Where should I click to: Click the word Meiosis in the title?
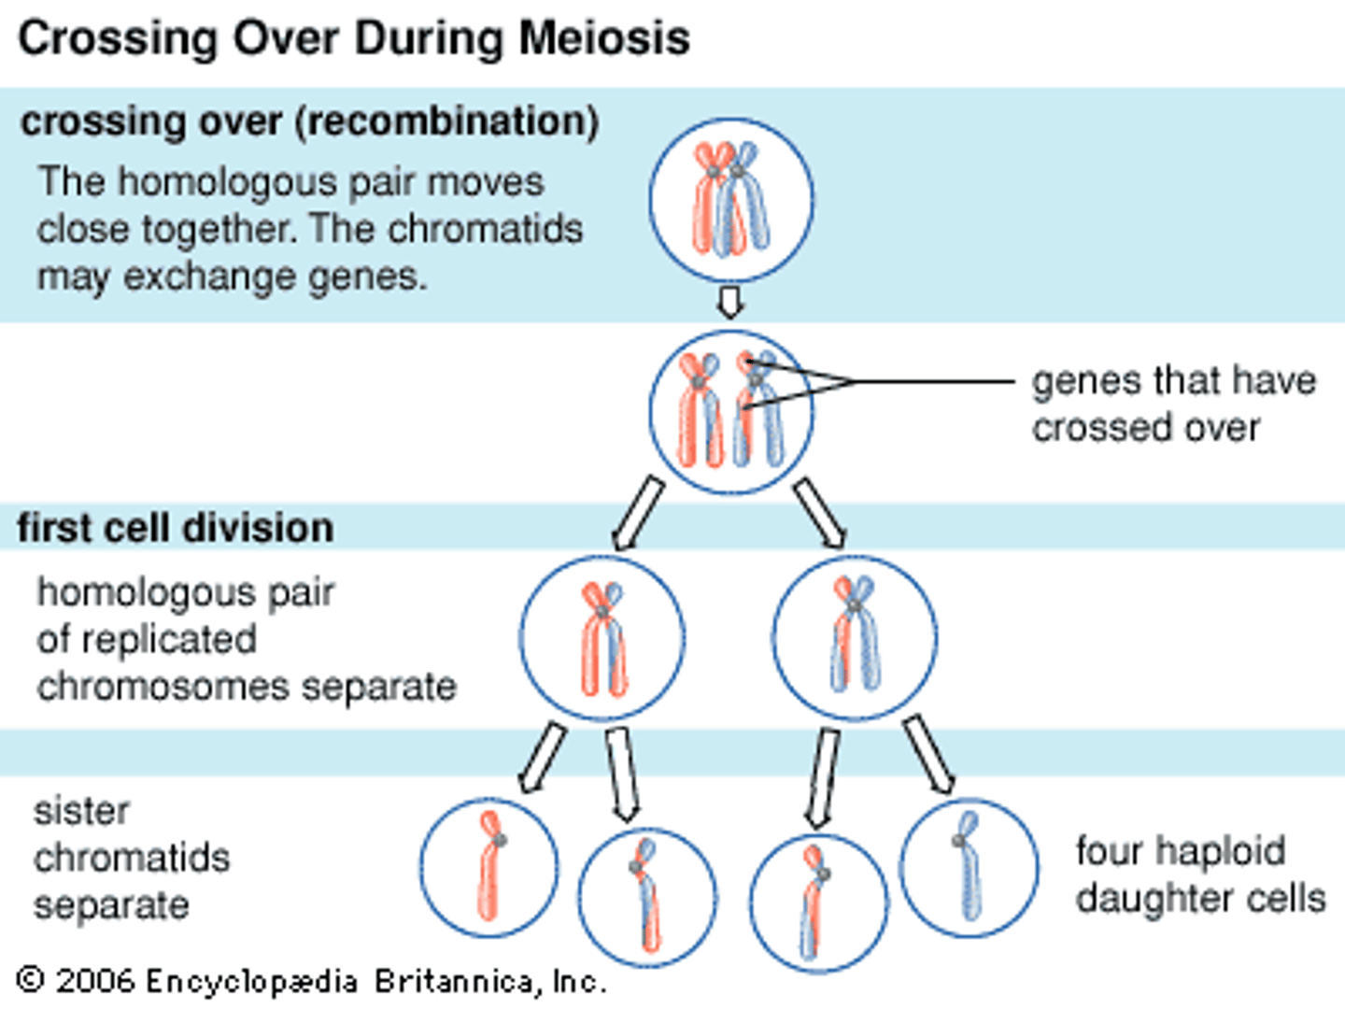tap(603, 39)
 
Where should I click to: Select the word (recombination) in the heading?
tap(447, 122)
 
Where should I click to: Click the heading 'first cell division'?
tap(176, 528)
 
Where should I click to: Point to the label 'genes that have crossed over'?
tap(1173, 405)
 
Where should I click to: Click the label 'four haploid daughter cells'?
tap(1199, 874)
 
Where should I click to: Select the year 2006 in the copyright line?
tap(94, 981)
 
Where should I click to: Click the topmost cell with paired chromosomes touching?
tap(731, 200)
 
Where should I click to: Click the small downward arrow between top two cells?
tap(730, 303)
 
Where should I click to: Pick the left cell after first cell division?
tap(602, 638)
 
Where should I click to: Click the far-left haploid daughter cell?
tap(489, 868)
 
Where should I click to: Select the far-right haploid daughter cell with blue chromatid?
tap(969, 868)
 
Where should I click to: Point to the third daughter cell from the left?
tap(819, 902)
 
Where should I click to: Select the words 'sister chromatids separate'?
tap(131, 858)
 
